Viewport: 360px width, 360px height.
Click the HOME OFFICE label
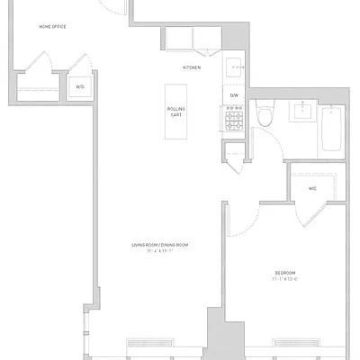[x=52, y=26]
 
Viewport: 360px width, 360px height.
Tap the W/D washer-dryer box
[x=79, y=87]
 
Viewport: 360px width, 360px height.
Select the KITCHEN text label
[x=192, y=67]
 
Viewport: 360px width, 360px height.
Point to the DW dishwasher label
[x=233, y=94]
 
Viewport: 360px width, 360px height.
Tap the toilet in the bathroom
[x=265, y=115]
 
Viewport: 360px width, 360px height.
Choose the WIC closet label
[x=312, y=188]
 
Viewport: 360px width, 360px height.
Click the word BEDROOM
[x=285, y=271]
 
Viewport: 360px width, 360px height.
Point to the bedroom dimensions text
[x=285, y=278]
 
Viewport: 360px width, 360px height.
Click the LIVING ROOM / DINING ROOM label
[x=159, y=244]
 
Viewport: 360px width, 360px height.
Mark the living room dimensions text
[x=159, y=251]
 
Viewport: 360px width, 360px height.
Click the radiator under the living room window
[x=150, y=342]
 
